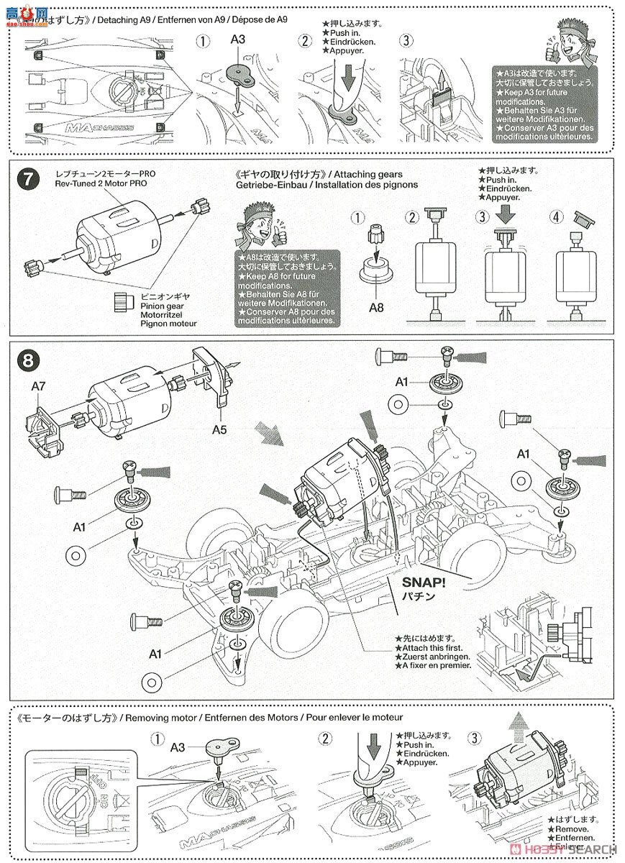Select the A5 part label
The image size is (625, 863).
[x=220, y=429]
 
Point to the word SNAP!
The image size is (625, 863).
[x=409, y=582]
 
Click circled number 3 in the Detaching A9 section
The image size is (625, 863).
[x=408, y=42]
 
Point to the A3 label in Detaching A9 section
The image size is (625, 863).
[x=237, y=40]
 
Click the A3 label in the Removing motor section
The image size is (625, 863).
[x=178, y=747]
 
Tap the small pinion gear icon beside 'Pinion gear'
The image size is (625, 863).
[x=119, y=301]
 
